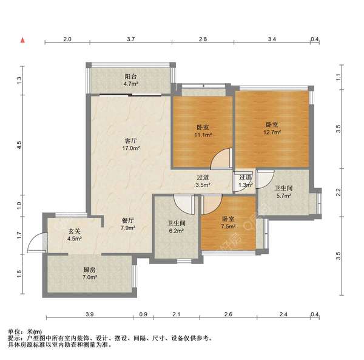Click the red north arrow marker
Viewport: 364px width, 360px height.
(x=22, y=40)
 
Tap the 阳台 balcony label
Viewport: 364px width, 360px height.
(x=131, y=77)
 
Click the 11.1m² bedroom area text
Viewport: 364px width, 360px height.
(x=202, y=135)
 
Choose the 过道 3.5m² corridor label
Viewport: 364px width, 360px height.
(x=202, y=180)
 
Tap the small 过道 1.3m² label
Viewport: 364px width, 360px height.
(x=245, y=180)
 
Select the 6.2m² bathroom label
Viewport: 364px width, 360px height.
(x=177, y=230)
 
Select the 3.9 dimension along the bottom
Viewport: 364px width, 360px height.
(x=89, y=314)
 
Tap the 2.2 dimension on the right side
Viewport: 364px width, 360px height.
(x=339, y=192)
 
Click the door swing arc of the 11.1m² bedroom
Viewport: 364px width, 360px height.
(x=223, y=158)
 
